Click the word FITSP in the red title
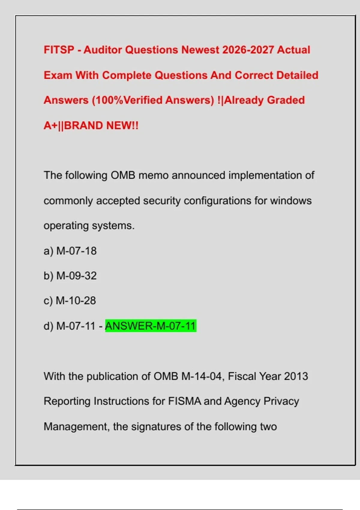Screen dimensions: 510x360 pyautogui.click(x=59, y=50)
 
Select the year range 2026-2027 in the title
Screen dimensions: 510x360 pyautogui.click(x=248, y=50)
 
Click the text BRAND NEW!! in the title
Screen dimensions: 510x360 pyautogui.click(x=101, y=125)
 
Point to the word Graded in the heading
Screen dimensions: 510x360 pyautogui.click(x=286, y=100)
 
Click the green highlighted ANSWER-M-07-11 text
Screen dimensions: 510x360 pyautogui.click(x=151, y=326)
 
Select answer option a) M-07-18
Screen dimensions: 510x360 pyautogui.click(x=70, y=251)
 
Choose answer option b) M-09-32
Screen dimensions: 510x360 pyautogui.click(x=70, y=276)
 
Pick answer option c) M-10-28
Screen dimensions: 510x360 pyautogui.click(x=70, y=301)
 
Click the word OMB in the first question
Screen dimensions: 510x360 pyautogui.click(x=123, y=175)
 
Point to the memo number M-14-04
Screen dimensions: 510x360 pyautogui.click(x=203, y=376)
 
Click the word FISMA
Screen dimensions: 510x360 pyautogui.click(x=184, y=401)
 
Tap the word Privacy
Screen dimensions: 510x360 pyautogui.click(x=281, y=401)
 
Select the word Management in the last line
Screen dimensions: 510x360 pyautogui.click(x=76, y=427)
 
